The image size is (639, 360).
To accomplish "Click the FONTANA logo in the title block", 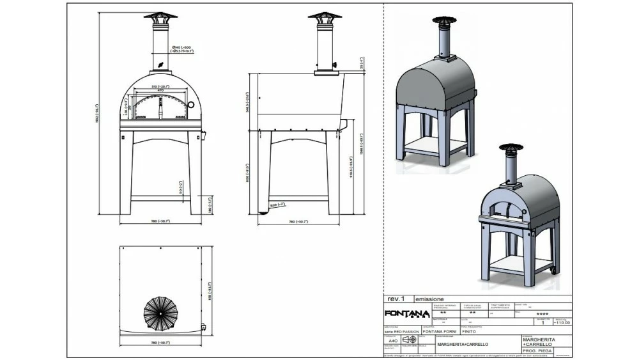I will [406, 313].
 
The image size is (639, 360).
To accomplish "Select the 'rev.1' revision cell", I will [396, 299].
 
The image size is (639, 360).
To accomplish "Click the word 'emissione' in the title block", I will [429, 299].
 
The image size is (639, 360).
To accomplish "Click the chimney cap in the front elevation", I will [160, 17].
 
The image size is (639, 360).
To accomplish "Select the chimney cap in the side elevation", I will [324, 17].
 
